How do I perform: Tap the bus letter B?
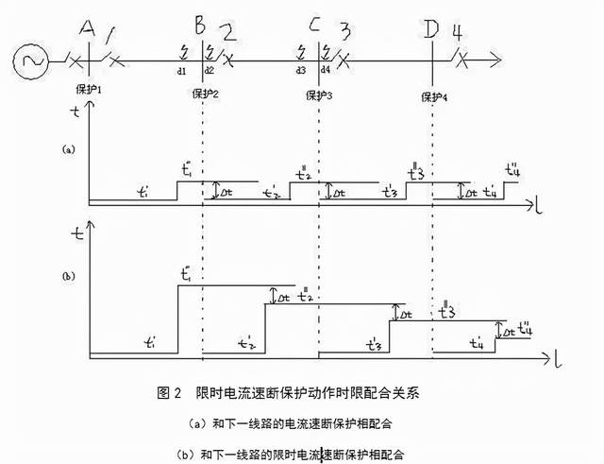[x=200, y=24]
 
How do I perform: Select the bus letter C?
[x=314, y=25]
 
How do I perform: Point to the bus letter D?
[x=431, y=28]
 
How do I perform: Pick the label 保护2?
[x=205, y=95]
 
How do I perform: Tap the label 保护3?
[x=319, y=95]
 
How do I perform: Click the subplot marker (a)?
[x=67, y=148]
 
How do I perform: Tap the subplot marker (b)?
[x=67, y=276]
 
